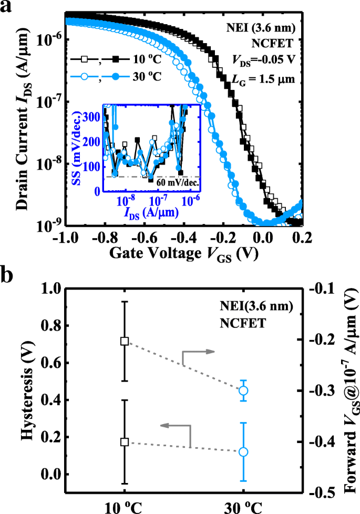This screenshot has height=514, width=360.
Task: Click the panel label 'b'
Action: coord(9,277)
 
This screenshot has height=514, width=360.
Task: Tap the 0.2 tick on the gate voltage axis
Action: coord(302,237)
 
